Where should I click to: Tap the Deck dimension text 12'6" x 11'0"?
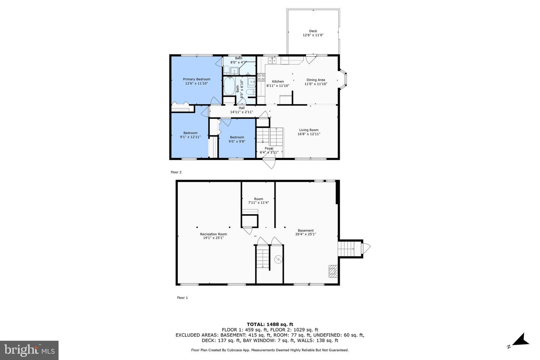tap(313, 35)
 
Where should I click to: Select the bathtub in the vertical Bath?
tap(229, 87)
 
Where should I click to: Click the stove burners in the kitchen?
tap(261, 77)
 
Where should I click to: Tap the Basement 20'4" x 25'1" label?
tap(306, 232)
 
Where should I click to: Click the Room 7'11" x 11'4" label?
tap(258, 201)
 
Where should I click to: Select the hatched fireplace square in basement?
tap(333, 271)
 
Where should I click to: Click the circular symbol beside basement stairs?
tap(278, 259)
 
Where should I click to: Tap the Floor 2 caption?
tap(176, 172)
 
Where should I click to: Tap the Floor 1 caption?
tap(182, 298)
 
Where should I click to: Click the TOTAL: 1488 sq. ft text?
tap(270, 324)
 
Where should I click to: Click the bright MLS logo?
tap(29, 350)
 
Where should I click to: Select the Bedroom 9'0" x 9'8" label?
tap(237, 139)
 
